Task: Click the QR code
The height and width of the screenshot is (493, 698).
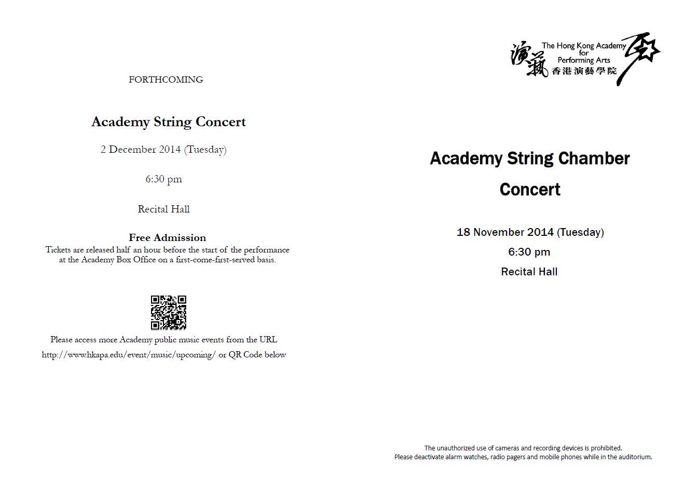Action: (168, 313)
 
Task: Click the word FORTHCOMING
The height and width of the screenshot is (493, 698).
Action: (166, 79)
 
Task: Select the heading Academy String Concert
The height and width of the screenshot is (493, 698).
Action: (168, 122)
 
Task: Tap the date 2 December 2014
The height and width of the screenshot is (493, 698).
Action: (141, 150)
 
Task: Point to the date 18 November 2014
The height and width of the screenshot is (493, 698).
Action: (505, 232)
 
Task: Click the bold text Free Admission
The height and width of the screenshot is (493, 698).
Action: (167, 237)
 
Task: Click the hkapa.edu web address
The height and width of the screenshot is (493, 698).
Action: (128, 355)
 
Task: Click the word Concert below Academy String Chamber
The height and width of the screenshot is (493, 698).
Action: (530, 189)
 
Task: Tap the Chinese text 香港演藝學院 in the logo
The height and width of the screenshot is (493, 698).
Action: (584, 71)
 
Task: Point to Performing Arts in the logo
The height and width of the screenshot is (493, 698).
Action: (584, 60)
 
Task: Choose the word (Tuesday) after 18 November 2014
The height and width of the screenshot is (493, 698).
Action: (580, 232)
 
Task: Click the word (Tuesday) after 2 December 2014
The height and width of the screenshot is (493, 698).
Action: (205, 150)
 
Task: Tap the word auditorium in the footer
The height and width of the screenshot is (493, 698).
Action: (633, 457)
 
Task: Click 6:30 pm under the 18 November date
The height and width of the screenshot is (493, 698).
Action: (529, 252)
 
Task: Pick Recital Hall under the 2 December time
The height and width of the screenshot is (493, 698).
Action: (163, 209)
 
